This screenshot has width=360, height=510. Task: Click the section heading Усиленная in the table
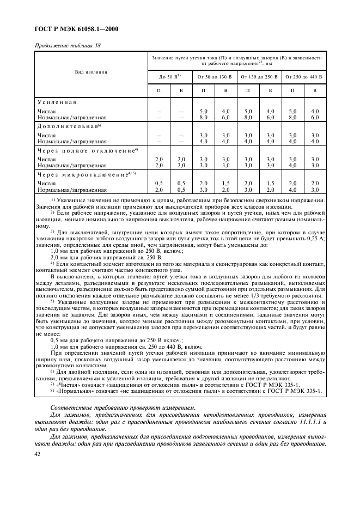click(57, 102)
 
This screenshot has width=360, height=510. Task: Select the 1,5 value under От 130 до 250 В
click(270, 183)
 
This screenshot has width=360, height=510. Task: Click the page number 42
click(37, 454)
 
